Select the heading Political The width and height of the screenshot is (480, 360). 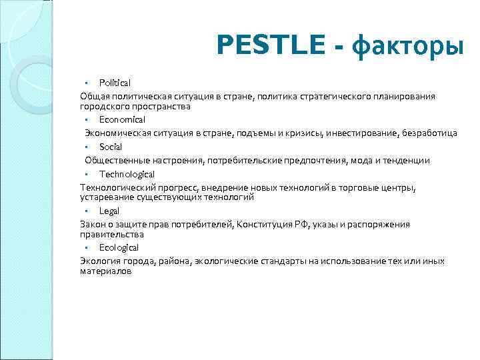click(115, 83)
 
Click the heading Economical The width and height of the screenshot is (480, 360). click(122, 119)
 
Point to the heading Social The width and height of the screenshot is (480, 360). click(111, 147)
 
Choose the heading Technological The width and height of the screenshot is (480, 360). click(127, 174)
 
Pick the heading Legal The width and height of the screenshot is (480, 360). click(109, 211)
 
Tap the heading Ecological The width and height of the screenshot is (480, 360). click(119, 247)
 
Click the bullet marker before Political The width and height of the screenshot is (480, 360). click(87, 83)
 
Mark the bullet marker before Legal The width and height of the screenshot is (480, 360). click(87, 211)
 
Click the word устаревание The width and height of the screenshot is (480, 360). click(107, 198)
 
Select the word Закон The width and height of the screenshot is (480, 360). click(92, 225)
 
